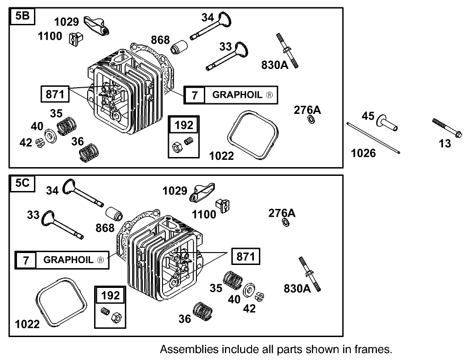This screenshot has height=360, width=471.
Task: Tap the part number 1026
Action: [363, 153]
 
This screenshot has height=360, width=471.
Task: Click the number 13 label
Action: [445, 144]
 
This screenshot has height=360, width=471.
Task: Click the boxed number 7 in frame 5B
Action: [195, 95]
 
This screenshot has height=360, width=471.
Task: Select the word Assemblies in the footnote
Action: [182, 349]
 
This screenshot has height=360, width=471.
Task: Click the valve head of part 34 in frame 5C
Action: [68, 187]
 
